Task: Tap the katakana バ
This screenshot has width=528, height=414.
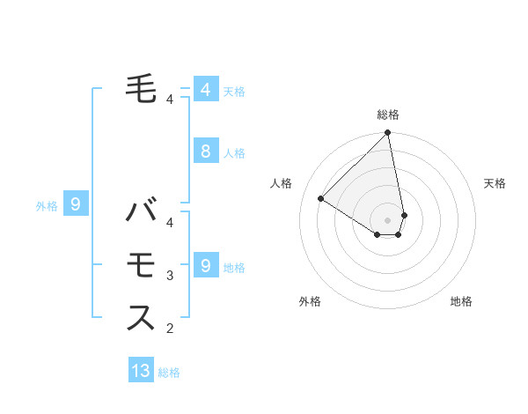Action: (x=142, y=212)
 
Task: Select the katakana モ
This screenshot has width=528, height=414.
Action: (x=142, y=264)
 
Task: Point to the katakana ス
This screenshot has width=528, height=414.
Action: (x=142, y=317)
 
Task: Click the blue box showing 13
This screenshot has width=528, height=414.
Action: (x=141, y=371)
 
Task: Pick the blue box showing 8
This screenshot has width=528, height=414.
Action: (x=205, y=151)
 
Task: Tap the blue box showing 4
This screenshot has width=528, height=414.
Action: (x=205, y=89)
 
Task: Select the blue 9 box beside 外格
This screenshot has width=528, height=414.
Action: (x=76, y=204)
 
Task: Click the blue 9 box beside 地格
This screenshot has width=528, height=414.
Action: (x=205, y=264)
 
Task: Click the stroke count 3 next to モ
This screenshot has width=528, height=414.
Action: (x=170, y=276)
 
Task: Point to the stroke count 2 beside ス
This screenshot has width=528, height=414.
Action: (x=170, y=329)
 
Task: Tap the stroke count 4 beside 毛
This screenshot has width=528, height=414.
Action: (x=170, y=100)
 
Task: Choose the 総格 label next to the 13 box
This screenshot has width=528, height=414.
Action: (x=169, y=373)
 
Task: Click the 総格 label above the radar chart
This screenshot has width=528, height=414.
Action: (x=387, y=115)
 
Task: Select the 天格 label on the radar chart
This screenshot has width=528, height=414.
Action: (x=495, y=183)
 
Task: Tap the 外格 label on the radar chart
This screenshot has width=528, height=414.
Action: (x=309, y=301)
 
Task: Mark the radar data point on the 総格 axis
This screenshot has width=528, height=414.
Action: (x=387, y=134)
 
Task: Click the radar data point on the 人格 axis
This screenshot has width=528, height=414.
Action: (x=321, y=198)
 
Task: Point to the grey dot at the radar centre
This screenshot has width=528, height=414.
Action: (x=387, y=219)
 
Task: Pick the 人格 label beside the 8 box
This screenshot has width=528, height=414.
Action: (x=234, y=153)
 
